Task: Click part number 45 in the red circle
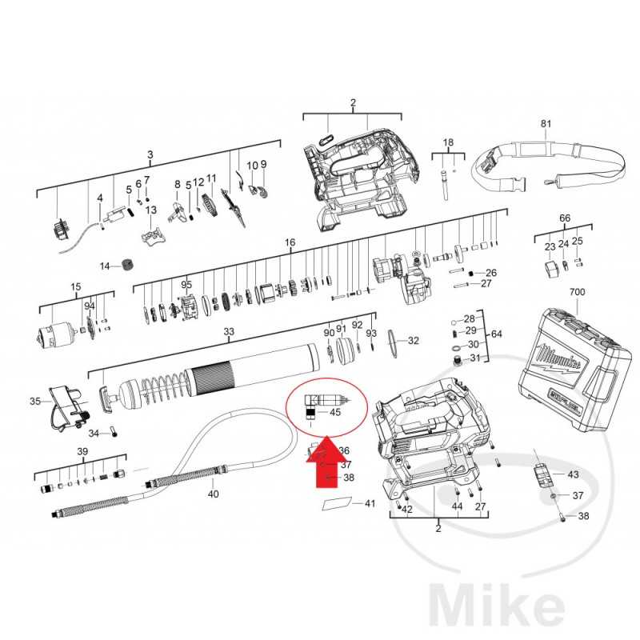(335, 413)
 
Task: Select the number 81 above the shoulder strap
(546, 124)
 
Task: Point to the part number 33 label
(229, 331)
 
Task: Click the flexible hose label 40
(213, 494)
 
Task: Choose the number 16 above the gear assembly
(290, 242)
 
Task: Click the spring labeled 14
(126, 265)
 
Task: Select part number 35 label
(35, 401)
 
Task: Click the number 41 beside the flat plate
(369, 503)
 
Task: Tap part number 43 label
(572, 474)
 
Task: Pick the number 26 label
(491, 273)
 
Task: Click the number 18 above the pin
(448, 142)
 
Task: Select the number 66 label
(565, 218)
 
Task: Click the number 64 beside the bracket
(496, 333)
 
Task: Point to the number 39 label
(82, 452)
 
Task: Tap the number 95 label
(187, 284)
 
